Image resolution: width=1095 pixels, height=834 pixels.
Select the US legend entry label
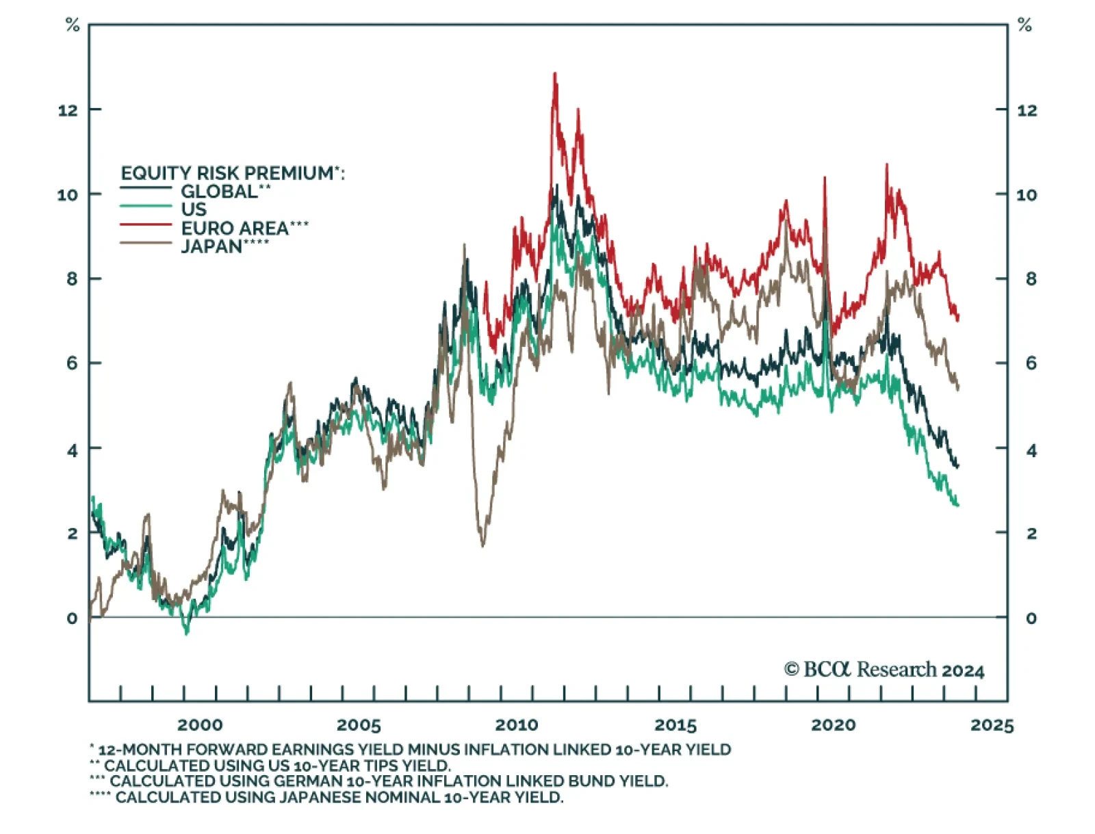[x=194, y=209]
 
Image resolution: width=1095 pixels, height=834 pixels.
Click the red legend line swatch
[x=145, y=224]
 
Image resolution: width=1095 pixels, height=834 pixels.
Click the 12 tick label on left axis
[x=68, y=110]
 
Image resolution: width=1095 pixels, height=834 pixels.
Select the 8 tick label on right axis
[x=1031, y=279]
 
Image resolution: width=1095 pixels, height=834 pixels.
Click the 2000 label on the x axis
[x=200, y=725]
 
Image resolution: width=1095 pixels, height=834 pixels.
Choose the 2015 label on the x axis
[x=675, y=725]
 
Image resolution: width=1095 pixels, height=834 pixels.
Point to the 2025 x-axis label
[x=992, y=725]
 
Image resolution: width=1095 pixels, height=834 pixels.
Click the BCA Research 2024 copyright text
[x=884, y=670]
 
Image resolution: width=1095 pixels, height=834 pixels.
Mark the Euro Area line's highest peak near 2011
[x=554, y=73]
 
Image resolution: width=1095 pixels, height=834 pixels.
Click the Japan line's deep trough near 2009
[x=483, y=546]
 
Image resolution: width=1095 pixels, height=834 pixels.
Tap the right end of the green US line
[x=957, y=505]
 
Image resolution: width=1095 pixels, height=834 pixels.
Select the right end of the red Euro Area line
[x=958, y=316]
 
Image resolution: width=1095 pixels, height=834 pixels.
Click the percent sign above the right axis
[x=1025, y=26]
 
